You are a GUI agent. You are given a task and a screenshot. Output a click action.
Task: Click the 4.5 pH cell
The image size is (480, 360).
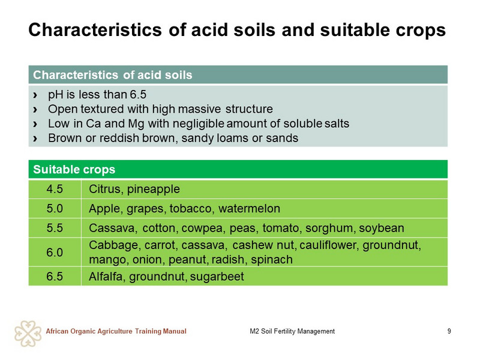(55, 189)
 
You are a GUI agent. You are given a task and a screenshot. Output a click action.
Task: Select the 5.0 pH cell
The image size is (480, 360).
(55, 208)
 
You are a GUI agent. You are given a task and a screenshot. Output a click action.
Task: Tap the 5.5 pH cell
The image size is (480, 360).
(55, 228)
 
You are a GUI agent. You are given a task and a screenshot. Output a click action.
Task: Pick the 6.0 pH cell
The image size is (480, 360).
(55, 252)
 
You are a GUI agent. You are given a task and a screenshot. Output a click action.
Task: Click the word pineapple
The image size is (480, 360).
(154, 190)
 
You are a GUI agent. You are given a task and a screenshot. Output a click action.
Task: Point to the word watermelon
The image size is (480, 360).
(249, 208)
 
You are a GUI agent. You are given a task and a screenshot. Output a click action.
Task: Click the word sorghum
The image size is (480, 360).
(331, 229)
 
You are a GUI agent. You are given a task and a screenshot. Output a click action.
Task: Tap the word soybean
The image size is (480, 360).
(382, 229)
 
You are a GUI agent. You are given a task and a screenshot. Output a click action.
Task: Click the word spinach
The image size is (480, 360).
(272, 260)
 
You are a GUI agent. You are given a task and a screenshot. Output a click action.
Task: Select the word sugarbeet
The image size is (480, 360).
(217, 277)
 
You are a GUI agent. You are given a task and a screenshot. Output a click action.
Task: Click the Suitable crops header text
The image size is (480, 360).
(74, 169)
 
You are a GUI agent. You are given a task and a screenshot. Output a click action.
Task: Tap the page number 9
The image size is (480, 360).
(449, 331)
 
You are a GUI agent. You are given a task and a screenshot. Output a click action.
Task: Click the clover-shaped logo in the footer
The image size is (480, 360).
(28, 334)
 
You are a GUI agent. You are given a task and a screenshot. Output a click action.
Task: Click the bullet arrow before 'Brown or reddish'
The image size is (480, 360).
(35, 139)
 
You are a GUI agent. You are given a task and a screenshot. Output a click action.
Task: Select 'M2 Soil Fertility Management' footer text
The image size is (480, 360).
(292, 331)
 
